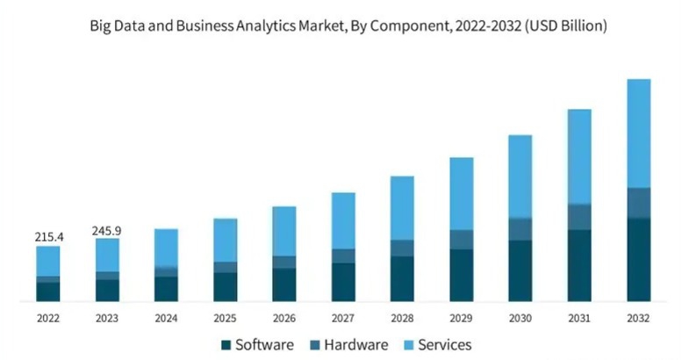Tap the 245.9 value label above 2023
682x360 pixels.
click(106, 230)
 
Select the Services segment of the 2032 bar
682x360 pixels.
click(639, 133)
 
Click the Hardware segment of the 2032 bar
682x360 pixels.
click(639, 203)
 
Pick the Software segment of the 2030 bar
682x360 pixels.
click(520, 270)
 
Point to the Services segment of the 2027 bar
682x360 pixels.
click(343, 220)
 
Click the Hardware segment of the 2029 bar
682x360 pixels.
click(462, 240)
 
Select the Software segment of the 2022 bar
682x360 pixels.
click(48, 292)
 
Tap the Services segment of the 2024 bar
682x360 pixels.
click(166, 247)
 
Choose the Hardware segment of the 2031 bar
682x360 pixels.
click(579, 217)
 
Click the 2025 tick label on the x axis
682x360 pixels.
click(225, 317)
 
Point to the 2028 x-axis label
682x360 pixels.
click(402, 317)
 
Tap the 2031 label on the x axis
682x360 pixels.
click(579, 317)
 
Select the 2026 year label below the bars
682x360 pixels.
click(284, 317)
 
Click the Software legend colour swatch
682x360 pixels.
click(226, 345)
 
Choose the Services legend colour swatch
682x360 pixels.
click(406, 345)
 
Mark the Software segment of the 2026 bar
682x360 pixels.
click(284, 284)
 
